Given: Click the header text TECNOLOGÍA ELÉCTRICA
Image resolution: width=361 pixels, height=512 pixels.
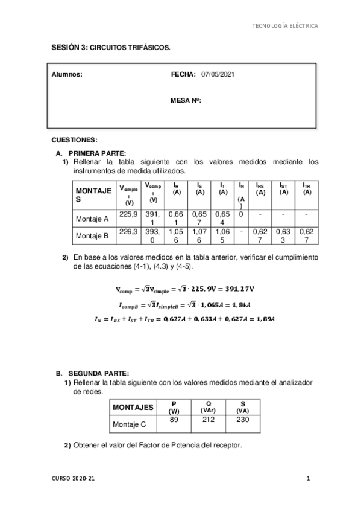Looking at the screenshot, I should click(284, 26).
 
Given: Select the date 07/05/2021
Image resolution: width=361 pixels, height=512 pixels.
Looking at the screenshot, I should click(218, 74).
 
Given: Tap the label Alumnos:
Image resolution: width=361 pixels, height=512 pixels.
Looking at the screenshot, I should click(67, 74).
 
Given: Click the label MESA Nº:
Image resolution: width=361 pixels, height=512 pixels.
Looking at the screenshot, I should click(186, 101).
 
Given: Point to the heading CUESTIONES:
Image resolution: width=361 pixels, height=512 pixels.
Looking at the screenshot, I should click(75, 139).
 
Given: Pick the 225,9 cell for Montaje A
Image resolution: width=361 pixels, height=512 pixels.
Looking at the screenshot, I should click(129, 214).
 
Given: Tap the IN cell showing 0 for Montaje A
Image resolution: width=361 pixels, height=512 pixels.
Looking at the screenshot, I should click(240, 214).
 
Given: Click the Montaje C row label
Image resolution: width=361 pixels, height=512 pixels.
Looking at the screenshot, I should click(129, 424).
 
